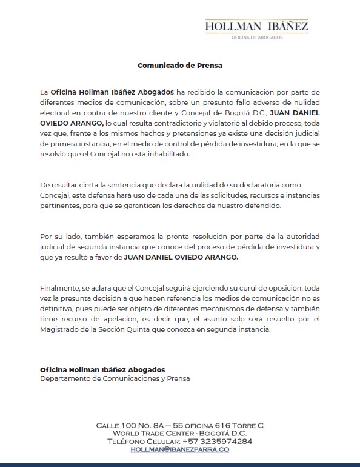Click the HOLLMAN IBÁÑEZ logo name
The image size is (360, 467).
(x=256, y=26)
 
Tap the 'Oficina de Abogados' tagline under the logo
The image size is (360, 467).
(x=256, y=38)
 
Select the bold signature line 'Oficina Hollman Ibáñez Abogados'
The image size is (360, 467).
(x=102, y=369)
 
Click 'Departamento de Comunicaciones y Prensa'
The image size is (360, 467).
(x=115, y=379)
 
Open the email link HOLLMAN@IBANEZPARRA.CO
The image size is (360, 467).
(x=180, y=449)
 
